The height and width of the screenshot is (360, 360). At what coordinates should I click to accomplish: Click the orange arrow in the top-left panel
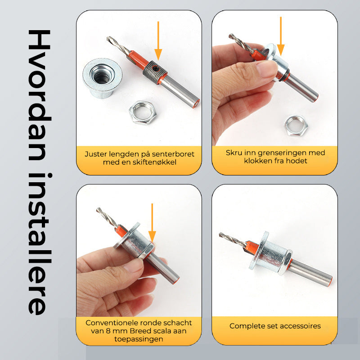click(158, 41)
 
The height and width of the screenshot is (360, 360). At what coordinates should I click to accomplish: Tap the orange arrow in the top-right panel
click(280, 36)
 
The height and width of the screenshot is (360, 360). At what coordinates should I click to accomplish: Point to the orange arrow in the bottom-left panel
click(152, 223)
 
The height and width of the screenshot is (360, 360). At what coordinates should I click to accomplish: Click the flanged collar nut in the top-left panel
click(102, 78)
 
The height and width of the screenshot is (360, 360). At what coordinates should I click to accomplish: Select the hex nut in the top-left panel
click(143, 112)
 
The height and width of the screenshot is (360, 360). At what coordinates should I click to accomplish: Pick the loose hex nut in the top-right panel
click(296, 126)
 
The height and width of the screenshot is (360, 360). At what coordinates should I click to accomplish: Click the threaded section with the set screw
click(154, 72)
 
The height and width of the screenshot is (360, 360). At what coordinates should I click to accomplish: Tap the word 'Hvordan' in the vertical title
click(39, 95)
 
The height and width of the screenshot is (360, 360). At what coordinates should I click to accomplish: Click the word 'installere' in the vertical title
click(39, 244)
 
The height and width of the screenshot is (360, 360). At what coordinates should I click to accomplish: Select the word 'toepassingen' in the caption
click(139, 339)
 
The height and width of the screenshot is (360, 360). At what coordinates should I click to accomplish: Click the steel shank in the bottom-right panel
click(310, 273)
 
